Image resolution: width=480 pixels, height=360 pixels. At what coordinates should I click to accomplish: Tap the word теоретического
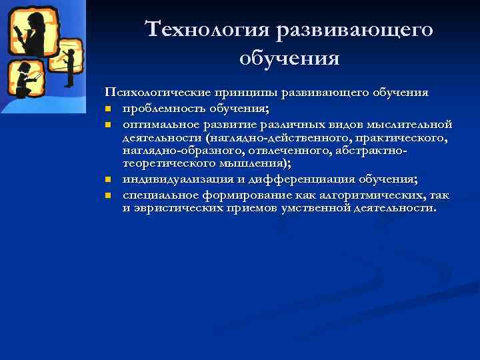pos(170,165)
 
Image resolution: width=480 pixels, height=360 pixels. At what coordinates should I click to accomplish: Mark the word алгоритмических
pos(353,195)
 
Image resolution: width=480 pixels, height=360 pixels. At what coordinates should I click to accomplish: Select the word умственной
pos(334,208)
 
